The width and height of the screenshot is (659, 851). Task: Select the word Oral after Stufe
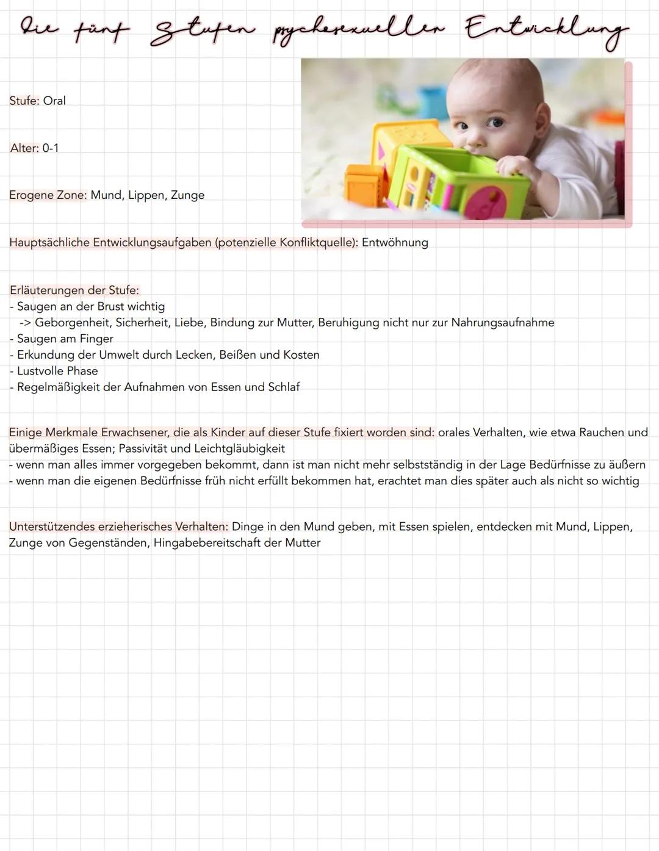[54, 101]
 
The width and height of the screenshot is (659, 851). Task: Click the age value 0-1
[51, 148]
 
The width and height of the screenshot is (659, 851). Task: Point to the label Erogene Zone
[48, 195]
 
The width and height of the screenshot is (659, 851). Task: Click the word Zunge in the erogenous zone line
[187, 195]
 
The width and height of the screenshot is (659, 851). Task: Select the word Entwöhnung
[395, 242]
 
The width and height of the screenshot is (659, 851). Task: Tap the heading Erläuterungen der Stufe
[74, 290]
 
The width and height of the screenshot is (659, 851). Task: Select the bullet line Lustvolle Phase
[57, 371]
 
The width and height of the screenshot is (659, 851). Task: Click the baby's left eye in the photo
[496, 123]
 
